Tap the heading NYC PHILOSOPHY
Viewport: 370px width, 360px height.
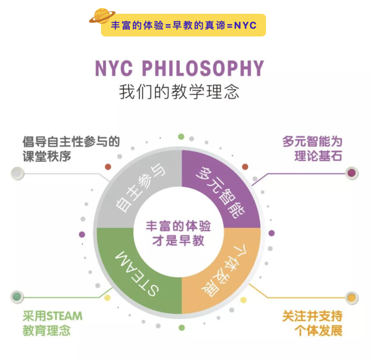pos(180,68)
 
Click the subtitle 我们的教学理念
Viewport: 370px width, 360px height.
pos(179,92)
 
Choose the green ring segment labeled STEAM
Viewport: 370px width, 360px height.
pos(137,271)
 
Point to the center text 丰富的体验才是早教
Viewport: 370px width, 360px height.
pos(178,233)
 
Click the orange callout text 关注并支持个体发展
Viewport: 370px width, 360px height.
pos(312,323)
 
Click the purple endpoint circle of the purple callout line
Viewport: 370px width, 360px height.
pos(351,173)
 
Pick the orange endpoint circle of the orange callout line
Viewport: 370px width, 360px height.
pos(351,298)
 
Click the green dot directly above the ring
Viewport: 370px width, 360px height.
pos(181,137)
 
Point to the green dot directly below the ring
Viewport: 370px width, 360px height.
pos(182,328)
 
